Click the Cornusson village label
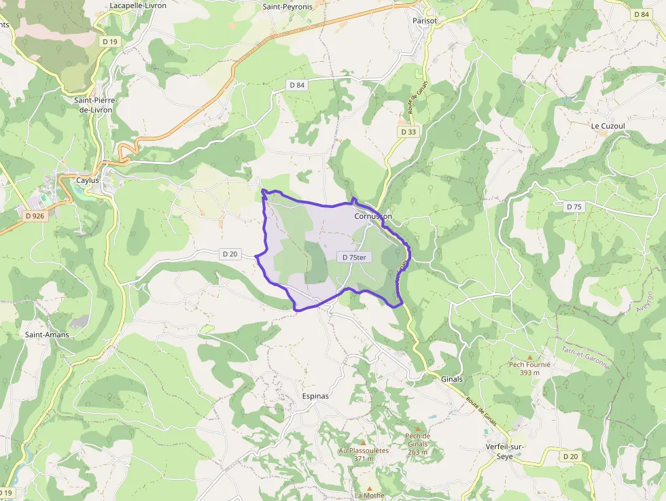(373, 216)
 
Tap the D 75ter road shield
(353, 257)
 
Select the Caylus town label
(87, 181)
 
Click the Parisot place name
(425, 21)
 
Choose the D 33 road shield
(408, 132)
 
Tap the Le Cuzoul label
(608, 126)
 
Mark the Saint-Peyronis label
(287, 6)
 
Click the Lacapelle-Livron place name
(138, 5)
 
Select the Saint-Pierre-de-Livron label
(96, 105)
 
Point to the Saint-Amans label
(47, 334)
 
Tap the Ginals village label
(452, 379)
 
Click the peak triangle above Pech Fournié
(529, 356)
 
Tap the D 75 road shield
(574, 207)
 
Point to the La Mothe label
(370, 496)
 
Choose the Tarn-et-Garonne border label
(585, 358)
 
